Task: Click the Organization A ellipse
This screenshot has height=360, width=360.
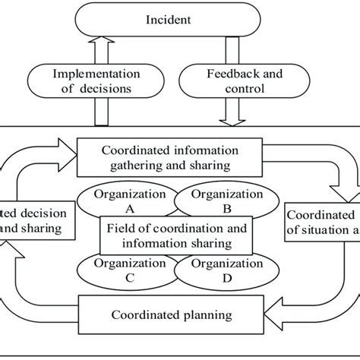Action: tap(122, 199)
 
